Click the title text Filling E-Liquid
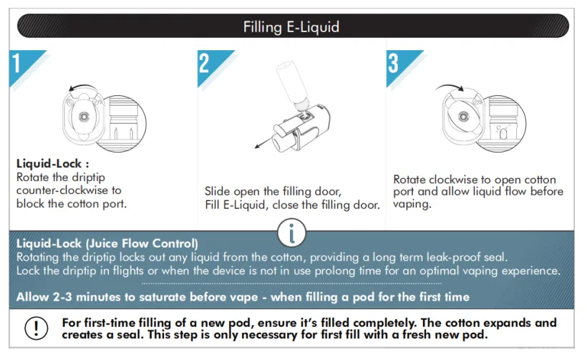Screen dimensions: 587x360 click(291, 27)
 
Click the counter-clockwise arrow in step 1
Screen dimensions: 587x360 click(83, 86)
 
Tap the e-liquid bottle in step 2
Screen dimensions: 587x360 click(292, 84)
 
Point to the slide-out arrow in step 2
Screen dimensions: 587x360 click(263, 142)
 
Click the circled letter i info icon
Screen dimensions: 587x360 click(291, 233)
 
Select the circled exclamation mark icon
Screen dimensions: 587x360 click(37, 329)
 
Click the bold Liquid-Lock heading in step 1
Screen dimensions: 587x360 click(53, 163)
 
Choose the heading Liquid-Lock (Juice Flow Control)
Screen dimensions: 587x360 click(107, 243)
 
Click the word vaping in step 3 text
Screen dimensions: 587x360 click(412, 204)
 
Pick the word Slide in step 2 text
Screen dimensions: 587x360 click(218, 192)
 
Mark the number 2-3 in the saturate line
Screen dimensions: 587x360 click(62, 297)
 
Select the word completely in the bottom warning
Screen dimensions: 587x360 click(384, 323)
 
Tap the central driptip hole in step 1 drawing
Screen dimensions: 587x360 click(84, 117)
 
